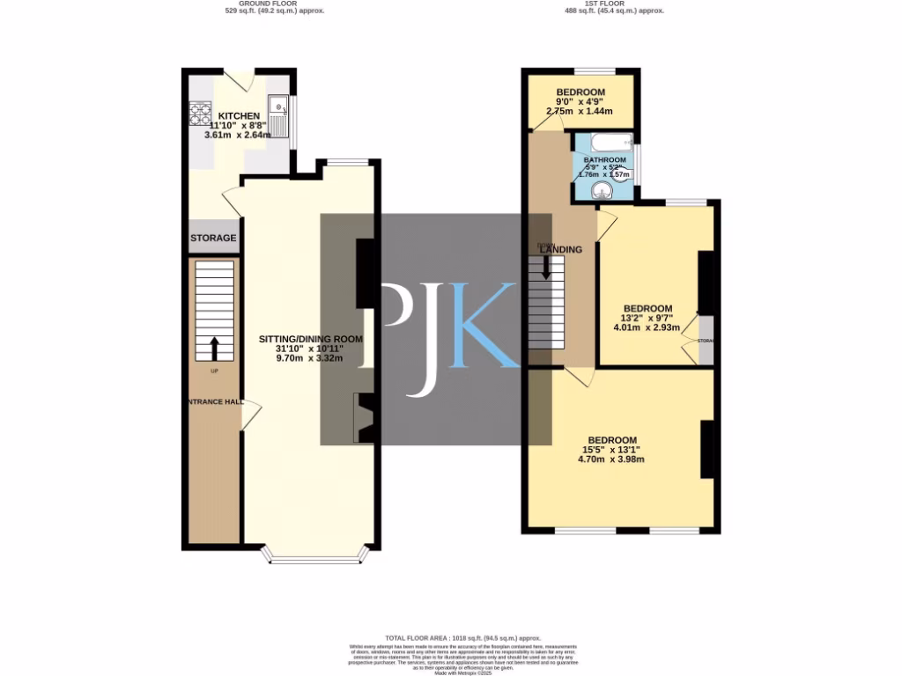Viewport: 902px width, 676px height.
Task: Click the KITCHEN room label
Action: point(239,116)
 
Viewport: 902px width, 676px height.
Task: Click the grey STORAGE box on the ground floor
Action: point(213,238)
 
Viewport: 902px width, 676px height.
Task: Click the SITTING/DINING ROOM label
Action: point(310,339)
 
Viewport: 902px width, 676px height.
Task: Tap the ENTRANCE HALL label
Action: point(212,401)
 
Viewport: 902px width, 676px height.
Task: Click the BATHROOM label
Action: point(604,160)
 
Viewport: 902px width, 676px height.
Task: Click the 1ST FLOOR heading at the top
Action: point(614,4)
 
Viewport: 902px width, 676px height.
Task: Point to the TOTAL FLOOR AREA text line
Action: point(462,637)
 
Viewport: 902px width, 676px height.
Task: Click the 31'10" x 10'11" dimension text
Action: point(310,349)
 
